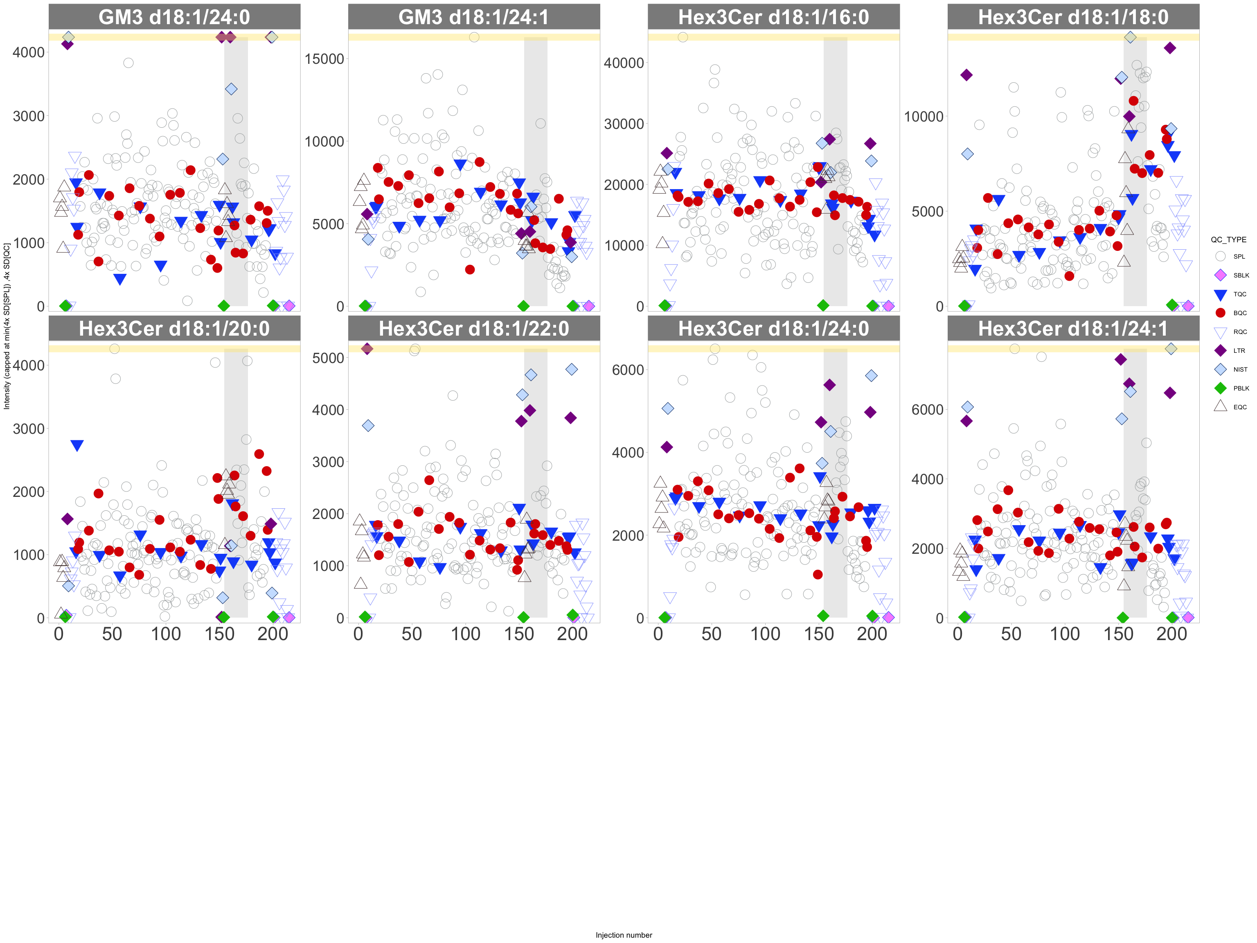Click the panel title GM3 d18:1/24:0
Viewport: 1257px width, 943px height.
coord(174,17)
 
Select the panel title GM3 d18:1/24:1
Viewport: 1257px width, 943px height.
coord(473,17)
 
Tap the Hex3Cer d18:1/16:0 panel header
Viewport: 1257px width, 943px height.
coord(773,17)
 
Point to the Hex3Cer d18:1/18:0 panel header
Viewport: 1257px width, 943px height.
coord(1073,17)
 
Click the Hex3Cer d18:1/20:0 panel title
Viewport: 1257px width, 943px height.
coord(174,329)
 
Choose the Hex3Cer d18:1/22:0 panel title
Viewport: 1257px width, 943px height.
coord(473,329)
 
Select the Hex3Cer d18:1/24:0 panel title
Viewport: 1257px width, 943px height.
coord(773,329)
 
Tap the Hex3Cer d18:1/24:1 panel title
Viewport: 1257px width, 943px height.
coord(1073,329)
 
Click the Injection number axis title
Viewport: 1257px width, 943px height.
coord(624,935)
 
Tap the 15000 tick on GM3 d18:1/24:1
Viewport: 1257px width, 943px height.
coord(324,59)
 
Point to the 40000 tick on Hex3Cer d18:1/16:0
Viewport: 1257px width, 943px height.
coord(624,63)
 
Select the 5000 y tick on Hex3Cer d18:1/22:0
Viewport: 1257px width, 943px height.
coord(328,358)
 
